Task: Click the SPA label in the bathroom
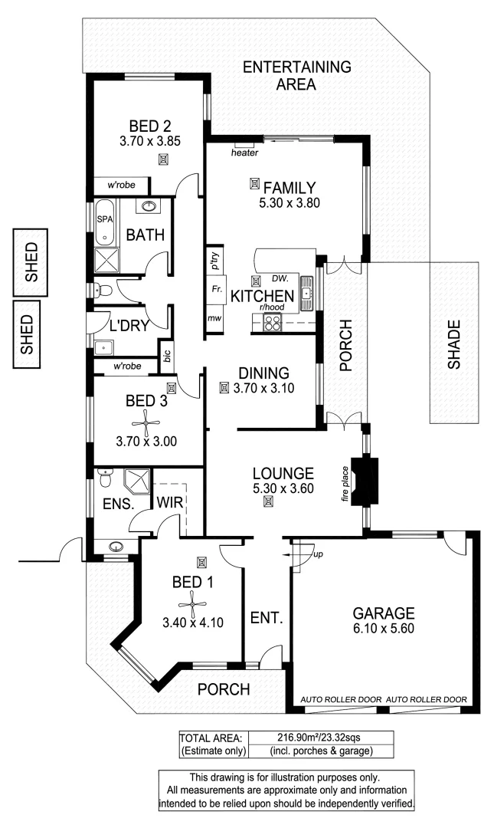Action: [x=103, y=219]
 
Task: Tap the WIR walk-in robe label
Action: [x=168, y=503]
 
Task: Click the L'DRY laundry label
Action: [x=129, y=326]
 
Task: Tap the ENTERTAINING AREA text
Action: [x=296, y=75]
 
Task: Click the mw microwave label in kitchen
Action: [x=214, y=318]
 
